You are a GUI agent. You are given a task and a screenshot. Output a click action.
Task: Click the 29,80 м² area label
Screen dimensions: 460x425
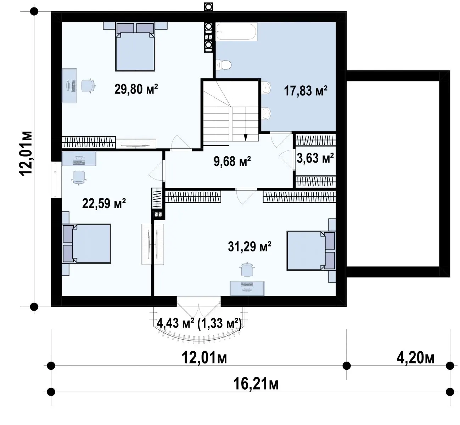(x=136, y=89)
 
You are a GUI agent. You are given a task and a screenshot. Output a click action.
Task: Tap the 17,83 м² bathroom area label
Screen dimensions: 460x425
(x=306, y=91)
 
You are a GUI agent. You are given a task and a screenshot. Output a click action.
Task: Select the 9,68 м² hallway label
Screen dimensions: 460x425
(x=232, y=161)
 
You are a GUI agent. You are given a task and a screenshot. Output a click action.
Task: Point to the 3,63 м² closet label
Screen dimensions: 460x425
(x=315, y=158)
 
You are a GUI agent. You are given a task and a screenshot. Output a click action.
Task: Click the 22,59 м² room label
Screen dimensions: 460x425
(x=104, y=204)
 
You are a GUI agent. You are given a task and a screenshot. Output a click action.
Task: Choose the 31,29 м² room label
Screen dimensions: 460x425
(x=250, y=246)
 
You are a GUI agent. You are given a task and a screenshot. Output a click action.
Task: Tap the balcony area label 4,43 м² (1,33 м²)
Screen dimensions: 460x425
(x=199, y=323)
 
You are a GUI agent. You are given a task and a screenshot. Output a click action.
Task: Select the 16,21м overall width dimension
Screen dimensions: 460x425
(x=256, y=384)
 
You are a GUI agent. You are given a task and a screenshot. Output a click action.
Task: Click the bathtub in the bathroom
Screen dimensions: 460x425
(x=236, y=32)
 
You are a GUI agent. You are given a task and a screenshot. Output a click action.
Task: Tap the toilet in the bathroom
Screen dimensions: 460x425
(x=223, y=65)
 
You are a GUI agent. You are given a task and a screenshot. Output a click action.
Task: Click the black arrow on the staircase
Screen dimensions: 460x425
(x=246, y=138)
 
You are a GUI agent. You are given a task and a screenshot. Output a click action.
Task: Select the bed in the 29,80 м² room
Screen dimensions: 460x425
(x=135, y=46)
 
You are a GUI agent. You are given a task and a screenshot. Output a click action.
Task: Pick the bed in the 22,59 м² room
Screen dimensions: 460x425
(x=86, y=244)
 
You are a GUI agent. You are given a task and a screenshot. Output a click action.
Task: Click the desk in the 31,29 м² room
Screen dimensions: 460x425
(x=247, y=288)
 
